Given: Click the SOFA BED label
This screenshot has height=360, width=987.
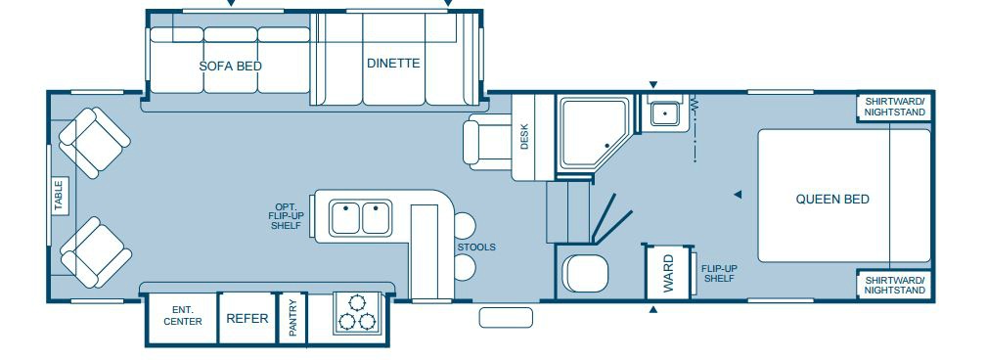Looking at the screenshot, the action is (231, 67).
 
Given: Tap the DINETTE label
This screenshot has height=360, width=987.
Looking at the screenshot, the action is (393, 63).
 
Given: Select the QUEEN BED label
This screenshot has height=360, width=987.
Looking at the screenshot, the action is (832, 199).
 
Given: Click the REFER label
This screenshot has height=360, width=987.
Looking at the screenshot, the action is (247, 319).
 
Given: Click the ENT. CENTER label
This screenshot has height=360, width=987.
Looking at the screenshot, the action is (183, 316).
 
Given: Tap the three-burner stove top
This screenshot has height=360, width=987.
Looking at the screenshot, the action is (357, 313).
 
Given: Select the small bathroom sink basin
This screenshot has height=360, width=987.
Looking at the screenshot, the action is (662, 113).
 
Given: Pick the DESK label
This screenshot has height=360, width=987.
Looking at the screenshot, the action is (524, 136).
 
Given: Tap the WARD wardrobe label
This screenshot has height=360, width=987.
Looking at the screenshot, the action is (668, 273).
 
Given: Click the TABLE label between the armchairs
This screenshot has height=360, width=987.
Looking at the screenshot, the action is (59, 196).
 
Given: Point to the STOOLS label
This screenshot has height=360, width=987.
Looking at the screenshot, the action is (476, 247).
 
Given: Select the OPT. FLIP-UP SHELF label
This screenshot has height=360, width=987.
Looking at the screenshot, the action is (287, 216).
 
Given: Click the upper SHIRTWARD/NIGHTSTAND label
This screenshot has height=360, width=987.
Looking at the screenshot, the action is (894, 107).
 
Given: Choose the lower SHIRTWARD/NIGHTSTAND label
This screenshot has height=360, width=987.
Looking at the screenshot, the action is (894, 285).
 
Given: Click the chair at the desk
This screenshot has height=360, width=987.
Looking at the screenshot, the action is (486, 142).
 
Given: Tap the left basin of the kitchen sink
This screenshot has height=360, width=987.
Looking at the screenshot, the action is (345, 218).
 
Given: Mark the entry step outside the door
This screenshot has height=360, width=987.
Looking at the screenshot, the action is (506, 317).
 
